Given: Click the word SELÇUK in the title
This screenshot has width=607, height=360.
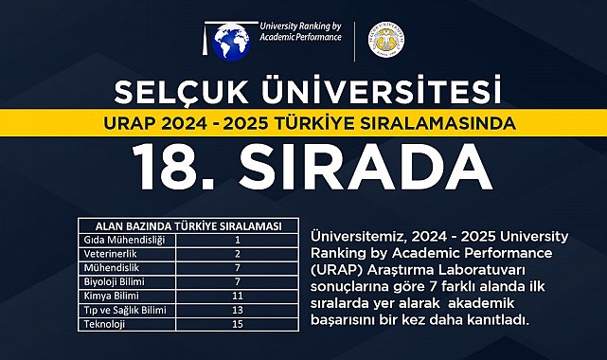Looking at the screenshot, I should pyautogui.click(x=183, y=93).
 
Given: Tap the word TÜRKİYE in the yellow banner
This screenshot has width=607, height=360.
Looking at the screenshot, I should pyautogui.click(x=336, y=123).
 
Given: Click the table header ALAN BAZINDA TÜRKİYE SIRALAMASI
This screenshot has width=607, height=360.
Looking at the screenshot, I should pyautogui.click(x=185, y=225).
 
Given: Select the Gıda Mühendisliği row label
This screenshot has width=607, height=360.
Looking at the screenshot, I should pyautogui.click(x=119, y=238).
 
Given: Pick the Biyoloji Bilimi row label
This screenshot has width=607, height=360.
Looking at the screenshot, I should pyautogui.click(x=112, y=280).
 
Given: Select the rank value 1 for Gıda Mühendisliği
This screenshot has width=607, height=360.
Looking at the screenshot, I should pyautogui.click(x=238, y=238).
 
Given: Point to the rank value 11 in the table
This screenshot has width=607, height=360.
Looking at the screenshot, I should pyautogui.click(x=238, y=295).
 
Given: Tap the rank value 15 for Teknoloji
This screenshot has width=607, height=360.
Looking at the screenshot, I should pyautogui.click(x=238, y=323).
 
